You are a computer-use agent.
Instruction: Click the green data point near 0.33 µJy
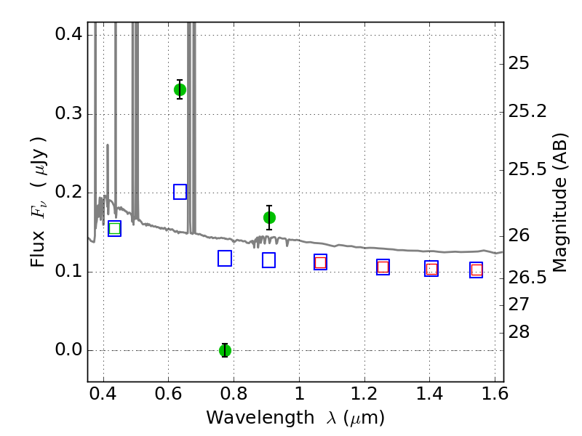pos(180,89)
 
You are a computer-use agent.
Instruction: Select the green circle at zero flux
pos(225,350)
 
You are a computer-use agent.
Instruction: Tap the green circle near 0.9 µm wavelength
pos(269,217)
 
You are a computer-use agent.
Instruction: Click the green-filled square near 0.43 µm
pos(115,228)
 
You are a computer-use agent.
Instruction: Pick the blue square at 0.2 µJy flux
pos(180,192)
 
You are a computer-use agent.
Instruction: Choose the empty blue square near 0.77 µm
pos(225,259)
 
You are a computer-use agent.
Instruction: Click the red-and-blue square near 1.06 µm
pos(320,262)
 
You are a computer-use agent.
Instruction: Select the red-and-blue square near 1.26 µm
pos(383,267)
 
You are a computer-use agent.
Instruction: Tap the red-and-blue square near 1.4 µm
pos(431,269)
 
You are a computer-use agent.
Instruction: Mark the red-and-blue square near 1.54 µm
pos(477,270)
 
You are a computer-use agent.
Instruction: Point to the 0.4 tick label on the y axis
pos(68,34)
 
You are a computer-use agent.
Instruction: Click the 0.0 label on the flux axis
pos(68,350)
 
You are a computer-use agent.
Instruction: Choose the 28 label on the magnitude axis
pos(519,332)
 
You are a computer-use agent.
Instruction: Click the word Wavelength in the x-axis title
pos(260,418)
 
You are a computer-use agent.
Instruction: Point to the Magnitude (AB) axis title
pos(559,203)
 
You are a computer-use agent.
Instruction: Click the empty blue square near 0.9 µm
pos(268,260)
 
